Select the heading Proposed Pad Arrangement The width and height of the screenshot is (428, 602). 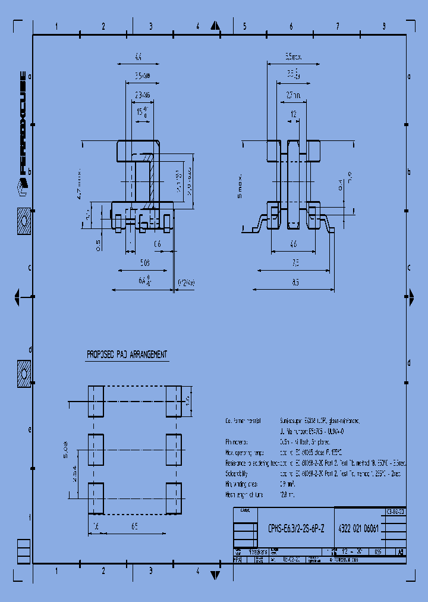click(x=127, y=355)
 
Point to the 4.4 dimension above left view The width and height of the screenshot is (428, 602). click(x=138, y=58)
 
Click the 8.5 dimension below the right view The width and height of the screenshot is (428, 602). click(x=295, y=283)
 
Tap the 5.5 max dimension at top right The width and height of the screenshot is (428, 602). click(x=293, y=57)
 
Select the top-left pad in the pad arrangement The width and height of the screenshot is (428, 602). click(x=96, y=401)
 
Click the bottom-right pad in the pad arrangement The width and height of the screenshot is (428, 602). click(x=174, y=498)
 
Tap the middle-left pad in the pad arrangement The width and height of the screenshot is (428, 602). click(x=96, y=450)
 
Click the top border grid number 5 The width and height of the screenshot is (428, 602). click(x=244, y=26)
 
